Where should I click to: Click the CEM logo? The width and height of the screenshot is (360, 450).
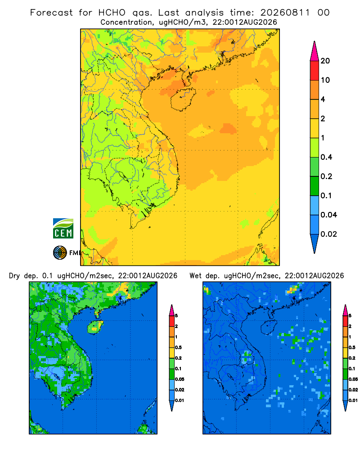click(63, 228)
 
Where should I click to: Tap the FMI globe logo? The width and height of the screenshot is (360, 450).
click(60, 253)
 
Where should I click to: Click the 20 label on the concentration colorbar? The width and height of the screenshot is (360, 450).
click(325, 61)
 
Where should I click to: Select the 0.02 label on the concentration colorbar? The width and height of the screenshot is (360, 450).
click(328, 234)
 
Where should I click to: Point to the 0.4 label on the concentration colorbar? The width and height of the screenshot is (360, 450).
click(326, 157)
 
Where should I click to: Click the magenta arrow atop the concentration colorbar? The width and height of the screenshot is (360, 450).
click(315, 51)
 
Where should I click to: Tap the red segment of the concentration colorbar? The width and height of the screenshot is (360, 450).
click(315, 71)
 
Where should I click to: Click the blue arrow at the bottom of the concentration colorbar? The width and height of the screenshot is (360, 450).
click(315, 243)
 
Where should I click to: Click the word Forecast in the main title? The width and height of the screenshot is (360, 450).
click(51, 13)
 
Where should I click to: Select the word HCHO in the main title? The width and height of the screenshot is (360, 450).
click(112, 13)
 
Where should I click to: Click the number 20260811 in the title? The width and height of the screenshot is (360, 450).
click(285, 13)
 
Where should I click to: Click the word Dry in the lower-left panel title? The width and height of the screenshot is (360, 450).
click(14, 276)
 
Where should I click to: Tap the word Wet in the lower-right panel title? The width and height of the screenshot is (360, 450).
click(195, 276)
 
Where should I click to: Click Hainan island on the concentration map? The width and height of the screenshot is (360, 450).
click(183, 99)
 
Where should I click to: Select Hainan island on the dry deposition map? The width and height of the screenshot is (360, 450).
click(95, 327)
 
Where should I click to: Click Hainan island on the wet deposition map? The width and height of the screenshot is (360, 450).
click(269, 327)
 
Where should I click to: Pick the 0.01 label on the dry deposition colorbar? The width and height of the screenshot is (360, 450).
click(180, 400)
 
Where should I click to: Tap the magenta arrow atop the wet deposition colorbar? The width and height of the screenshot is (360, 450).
click(345, 310)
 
